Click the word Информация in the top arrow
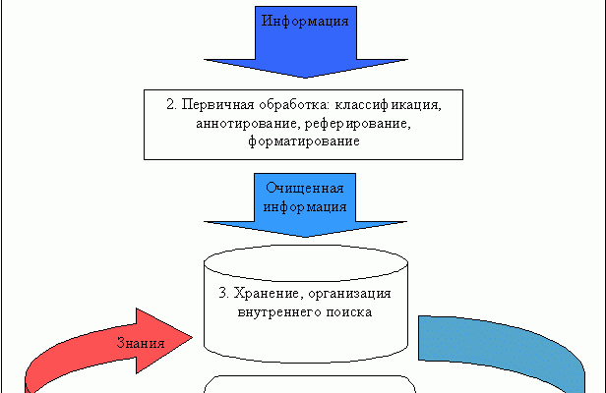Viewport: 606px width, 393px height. click(304, 20)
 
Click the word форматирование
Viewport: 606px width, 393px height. click(303, 141)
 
